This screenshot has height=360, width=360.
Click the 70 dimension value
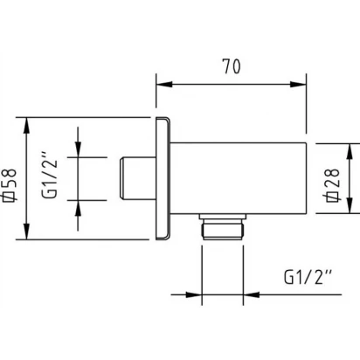(x=232, y=66)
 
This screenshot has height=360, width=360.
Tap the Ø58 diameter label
(x=9, y=185)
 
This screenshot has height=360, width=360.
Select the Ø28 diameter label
(x=332, y=185)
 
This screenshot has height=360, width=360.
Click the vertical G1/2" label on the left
(x=49, y=179)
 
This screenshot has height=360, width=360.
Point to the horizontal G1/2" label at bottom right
(x=308, y=277)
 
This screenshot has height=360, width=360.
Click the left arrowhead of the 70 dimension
(x=164, y=85)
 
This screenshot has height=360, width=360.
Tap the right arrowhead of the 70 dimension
(x=298, y=85)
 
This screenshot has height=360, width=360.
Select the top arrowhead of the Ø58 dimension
(x=26, y=126)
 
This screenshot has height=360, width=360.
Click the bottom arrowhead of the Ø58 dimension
(x=26, y=232)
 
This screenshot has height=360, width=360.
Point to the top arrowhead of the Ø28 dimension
(x=350, y=151)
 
